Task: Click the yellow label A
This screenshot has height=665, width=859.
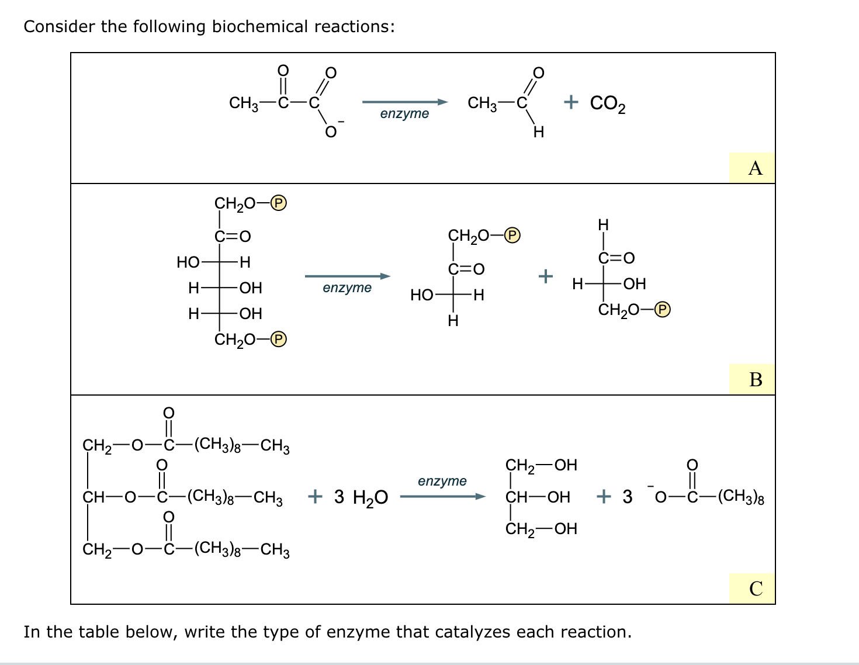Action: [x=755, y=168]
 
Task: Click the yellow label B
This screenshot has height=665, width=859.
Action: [x=755, y=380]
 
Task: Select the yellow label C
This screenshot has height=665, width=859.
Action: [x=755, y=588]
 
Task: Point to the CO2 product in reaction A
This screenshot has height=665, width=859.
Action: [x=607, y=103]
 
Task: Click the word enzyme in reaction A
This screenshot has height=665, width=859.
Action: [x=404, y=114]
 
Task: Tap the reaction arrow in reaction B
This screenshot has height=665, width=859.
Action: [x=347, y=276]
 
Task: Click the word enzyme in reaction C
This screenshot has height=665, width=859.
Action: [x=442, y=482]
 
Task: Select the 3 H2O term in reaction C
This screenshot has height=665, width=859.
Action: [x=361, y=497]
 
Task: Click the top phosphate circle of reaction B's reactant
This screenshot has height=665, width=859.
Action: [x=279, y=203]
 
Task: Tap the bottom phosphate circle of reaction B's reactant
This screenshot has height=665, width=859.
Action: [x=279, y=340]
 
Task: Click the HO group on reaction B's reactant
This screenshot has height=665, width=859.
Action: [x=188, y=262]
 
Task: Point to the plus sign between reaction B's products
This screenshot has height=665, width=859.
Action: [x=545, y=275]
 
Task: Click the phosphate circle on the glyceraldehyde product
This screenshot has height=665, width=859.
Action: [x=663, y=310]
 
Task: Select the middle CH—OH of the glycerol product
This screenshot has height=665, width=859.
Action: [x=538, y=497]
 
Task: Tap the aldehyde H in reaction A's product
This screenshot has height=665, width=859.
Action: [x=539, y=133]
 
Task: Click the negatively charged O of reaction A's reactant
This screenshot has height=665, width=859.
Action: [x=331, y=132]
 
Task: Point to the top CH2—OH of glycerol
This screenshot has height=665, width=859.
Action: [x=541, y=465]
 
